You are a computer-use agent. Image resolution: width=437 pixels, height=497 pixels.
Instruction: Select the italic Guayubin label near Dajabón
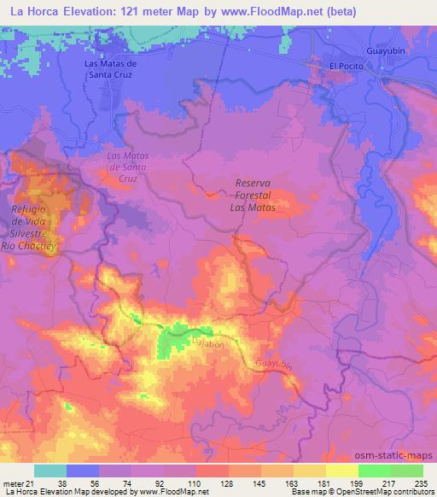[274, 365]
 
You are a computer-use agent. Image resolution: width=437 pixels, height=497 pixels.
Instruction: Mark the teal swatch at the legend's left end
[50, 471]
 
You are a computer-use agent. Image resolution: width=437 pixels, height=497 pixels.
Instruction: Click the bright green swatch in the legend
[374, 471]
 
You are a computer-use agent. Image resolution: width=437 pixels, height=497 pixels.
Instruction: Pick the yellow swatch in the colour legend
[341, 471]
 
